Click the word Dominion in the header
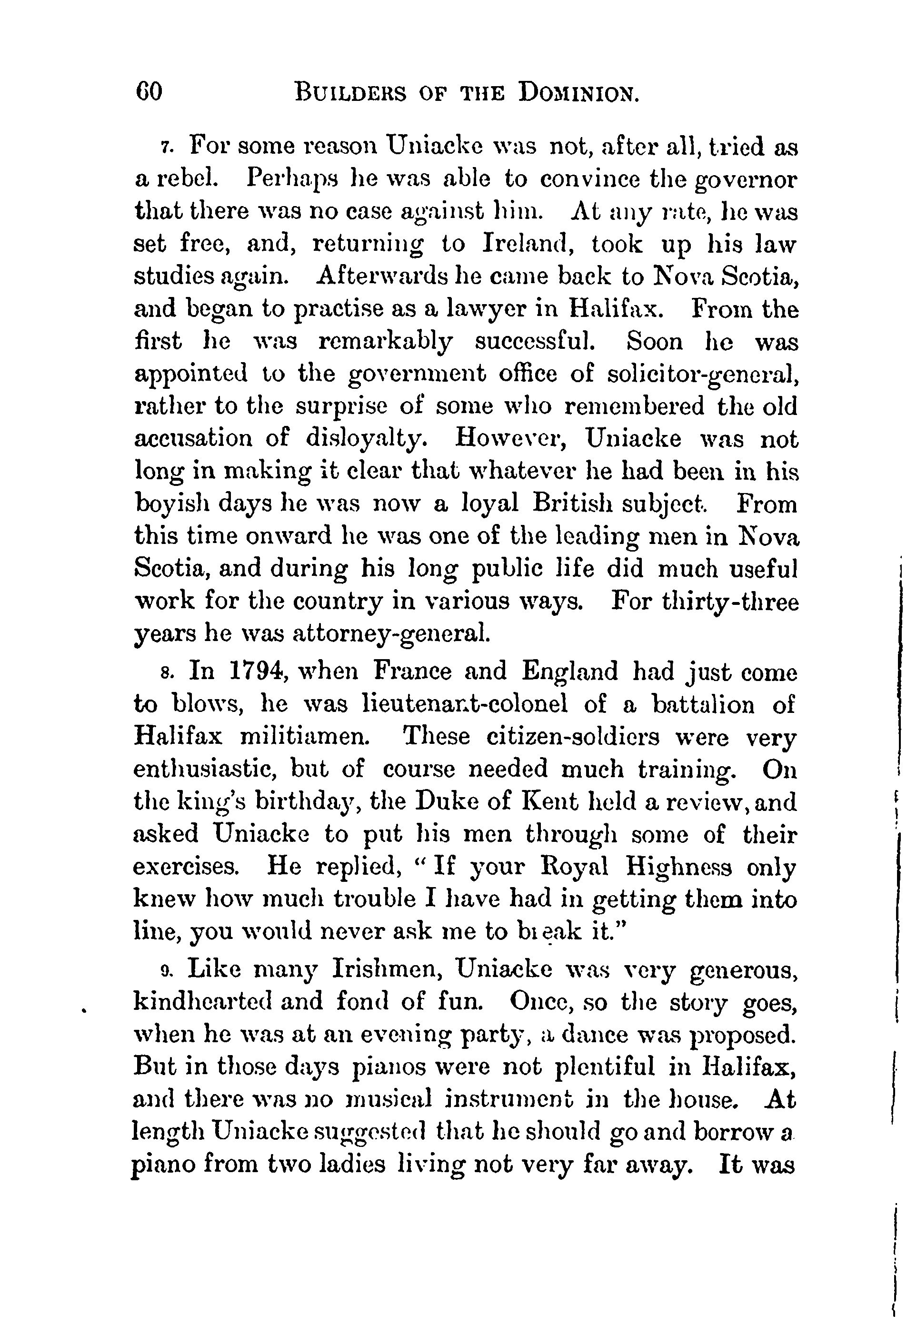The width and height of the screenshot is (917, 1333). coord(578,92)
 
